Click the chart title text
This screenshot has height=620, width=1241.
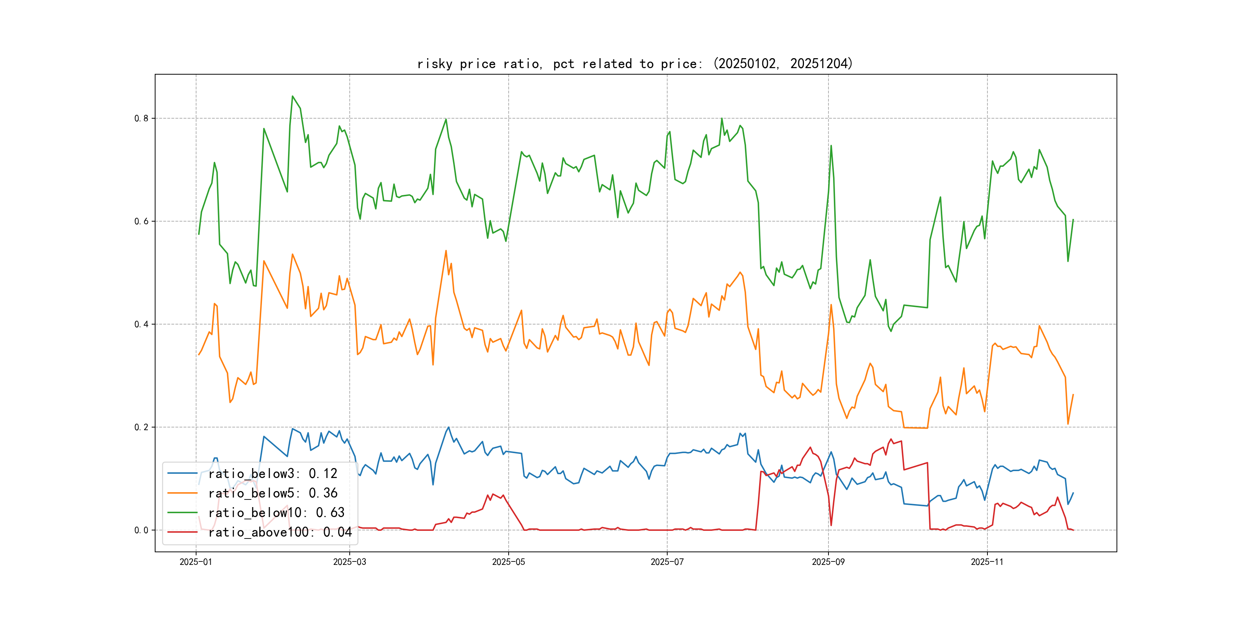634,64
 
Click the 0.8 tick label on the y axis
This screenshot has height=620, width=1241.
141,118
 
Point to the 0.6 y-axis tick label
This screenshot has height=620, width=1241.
141,222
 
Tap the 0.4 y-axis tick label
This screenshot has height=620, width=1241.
141,325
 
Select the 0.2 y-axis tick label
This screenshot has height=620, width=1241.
141,427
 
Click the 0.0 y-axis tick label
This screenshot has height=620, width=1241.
141,530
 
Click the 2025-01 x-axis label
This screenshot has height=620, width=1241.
196,562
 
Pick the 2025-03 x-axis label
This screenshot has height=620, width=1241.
349,562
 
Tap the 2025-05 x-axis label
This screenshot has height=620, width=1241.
508,562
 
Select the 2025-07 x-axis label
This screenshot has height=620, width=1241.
667,562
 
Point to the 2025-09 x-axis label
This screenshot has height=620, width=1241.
828,562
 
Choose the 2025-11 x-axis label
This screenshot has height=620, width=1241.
987,562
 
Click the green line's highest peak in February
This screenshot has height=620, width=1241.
292,96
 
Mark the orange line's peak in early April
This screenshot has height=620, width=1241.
446,250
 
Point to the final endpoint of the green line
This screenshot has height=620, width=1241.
1073,220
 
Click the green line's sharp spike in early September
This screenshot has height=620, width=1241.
831,145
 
